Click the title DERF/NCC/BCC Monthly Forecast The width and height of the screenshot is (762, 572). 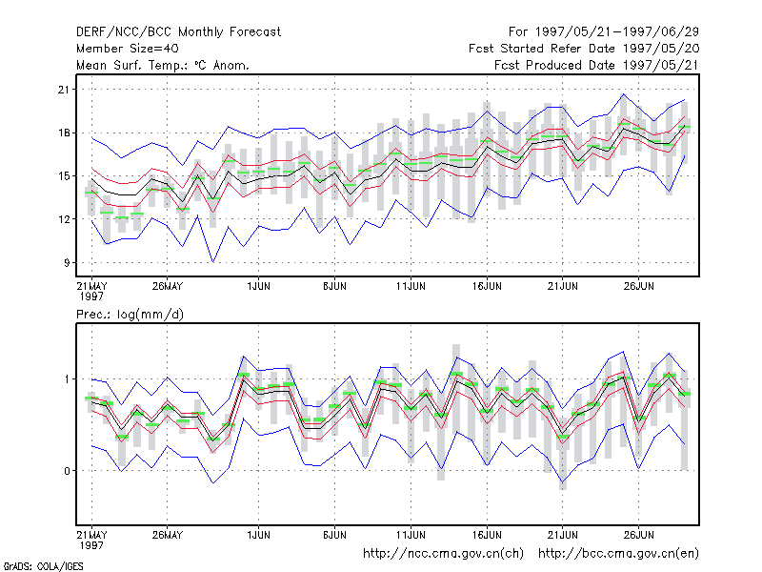tap(178, 32)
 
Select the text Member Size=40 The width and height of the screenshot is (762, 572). tap(128, 49)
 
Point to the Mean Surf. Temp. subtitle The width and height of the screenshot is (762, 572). tap(162, 65)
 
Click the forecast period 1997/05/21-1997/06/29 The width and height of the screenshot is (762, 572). tap(604, 32)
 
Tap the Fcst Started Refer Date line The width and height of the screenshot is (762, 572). tap(584, 49)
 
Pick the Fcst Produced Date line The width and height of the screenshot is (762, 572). tap(596, 65)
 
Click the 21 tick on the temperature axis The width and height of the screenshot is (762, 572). tap(64, 90)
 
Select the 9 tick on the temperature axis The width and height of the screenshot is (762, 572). tap(67, 263)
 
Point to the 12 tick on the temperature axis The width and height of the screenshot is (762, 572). tap(64, 219)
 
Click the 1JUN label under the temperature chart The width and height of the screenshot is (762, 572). tap(258, 286)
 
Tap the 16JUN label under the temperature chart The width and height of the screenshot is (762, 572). tap(487, 286)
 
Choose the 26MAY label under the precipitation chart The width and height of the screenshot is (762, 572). tap(168, 535)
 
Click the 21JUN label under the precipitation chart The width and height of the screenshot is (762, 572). tap(563, 535)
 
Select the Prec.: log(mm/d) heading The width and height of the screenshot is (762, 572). tap(130, 315)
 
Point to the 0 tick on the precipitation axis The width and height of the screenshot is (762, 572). tap(67, 471)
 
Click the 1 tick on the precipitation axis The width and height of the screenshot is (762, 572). tap(67, 379)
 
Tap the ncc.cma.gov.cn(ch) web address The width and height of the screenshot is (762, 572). tap(443, 554)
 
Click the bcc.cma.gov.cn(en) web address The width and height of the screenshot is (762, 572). tap(618, 554)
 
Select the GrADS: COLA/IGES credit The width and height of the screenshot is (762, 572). tap(43, 566)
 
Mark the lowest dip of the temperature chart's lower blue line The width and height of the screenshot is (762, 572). tap(212, 262)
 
